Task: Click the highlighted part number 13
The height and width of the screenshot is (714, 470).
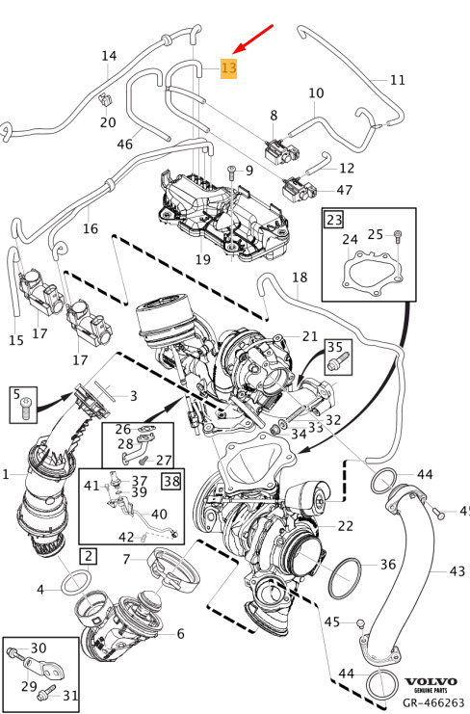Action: pyautogui.click(x=228, y=68)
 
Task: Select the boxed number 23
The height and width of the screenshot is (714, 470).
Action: pyautogui.click(x=334, y=220)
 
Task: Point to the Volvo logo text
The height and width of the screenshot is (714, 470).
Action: pyautogui.click(x=431, y=681)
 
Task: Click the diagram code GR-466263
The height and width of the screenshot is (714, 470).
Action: pyautogui.click(x=432, y=702)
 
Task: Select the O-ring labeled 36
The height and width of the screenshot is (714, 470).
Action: pyautogui.click(x=345, y=578)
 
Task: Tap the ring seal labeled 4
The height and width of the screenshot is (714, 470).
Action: pyautogui.click(x=75, y=582)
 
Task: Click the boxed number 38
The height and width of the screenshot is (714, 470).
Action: pyautogui.click(x=171, y=481)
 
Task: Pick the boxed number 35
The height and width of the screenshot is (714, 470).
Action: pyautogui.click(x=335, y=348)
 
